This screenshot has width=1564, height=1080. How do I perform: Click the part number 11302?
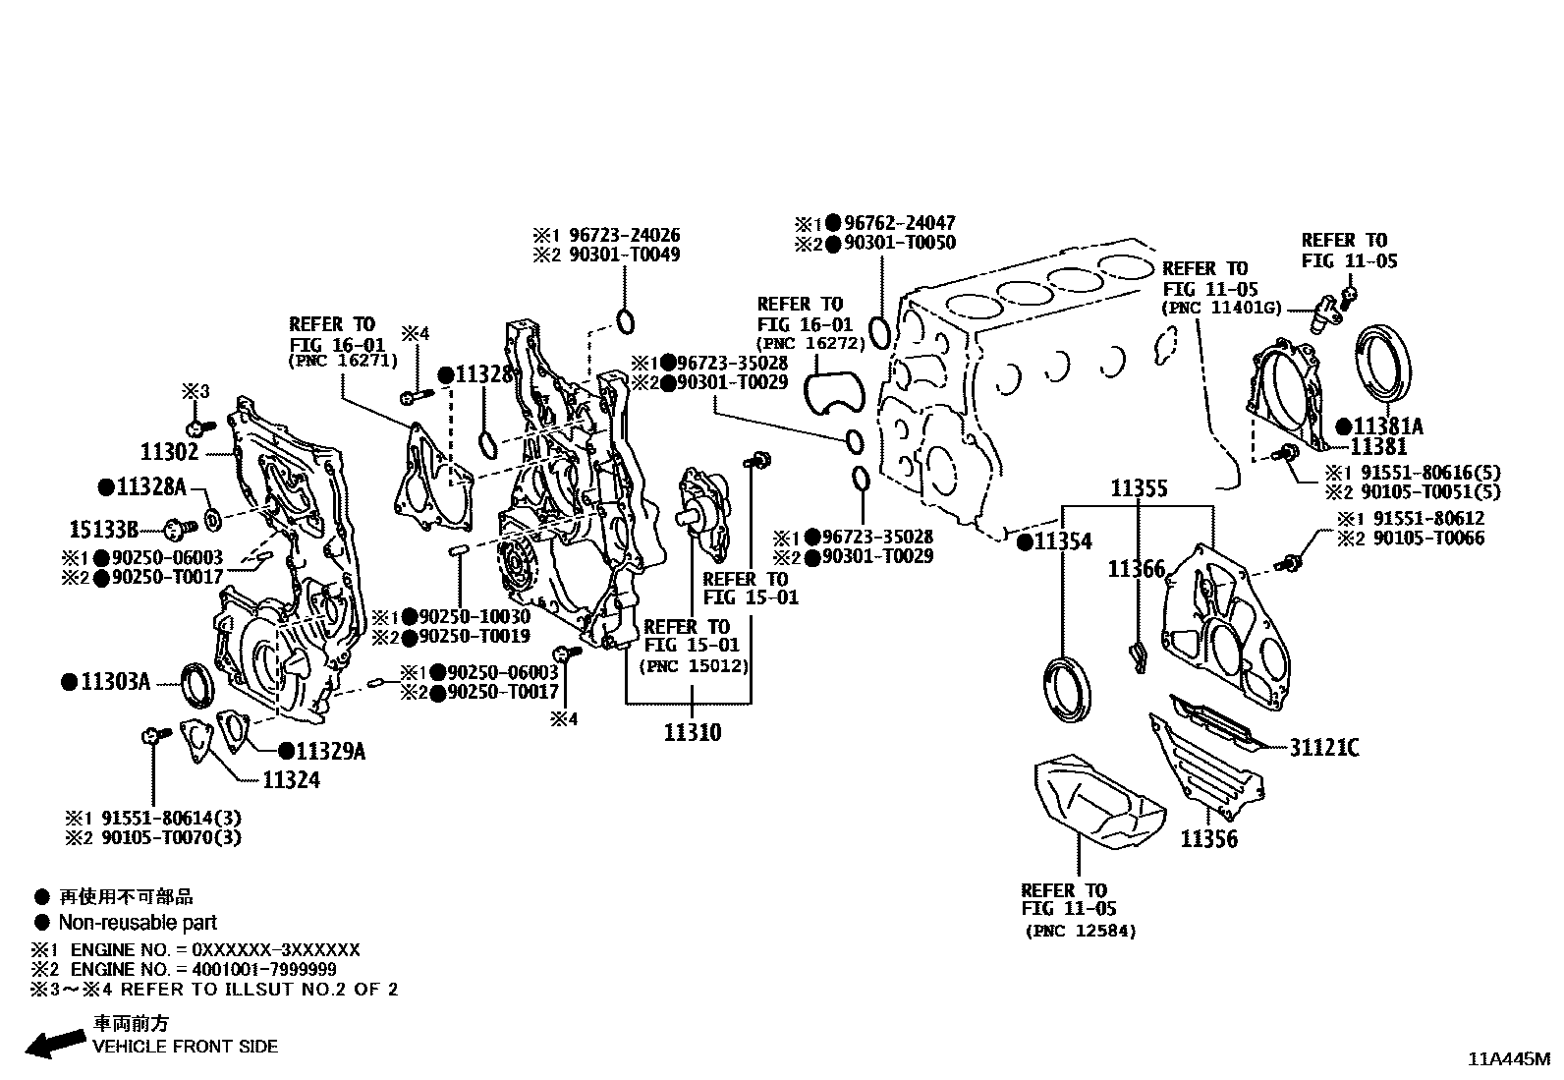click(x=169, y=452)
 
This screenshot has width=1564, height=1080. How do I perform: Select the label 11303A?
click(x=115, y=681)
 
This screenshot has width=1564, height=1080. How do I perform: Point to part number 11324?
click(x=291, y=780)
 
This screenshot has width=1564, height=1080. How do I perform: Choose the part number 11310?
click(x=692, y=732)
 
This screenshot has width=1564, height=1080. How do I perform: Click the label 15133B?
click(x=104, y=529)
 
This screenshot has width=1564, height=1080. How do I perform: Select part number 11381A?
click(x=1387, y=426)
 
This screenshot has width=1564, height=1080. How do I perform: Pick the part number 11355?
click(x=1139, y=488)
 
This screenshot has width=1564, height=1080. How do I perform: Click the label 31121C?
click(x=1324, y=749)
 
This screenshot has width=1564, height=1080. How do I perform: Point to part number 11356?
click(x=1208, y=839)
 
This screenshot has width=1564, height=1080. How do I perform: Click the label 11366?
click(x=1137, y=569)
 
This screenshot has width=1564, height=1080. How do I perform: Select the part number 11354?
click(x=1062, y=541)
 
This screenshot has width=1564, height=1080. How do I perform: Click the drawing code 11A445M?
click(x=1508, y=1059)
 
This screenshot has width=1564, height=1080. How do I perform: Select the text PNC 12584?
click(x=1080, y=931)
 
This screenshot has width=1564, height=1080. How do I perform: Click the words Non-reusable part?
click(x=138, y=923)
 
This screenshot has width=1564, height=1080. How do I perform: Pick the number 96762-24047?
click(x=899, y=223)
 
